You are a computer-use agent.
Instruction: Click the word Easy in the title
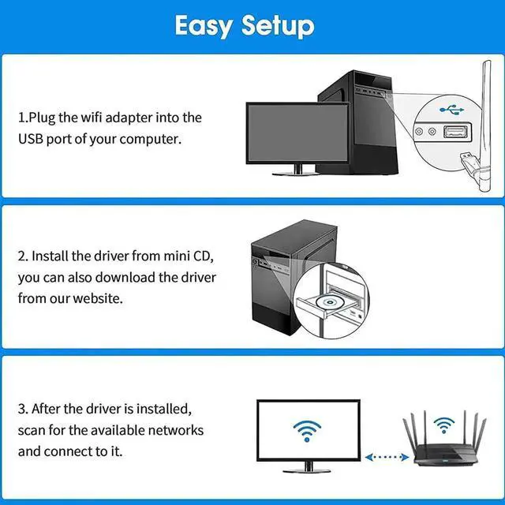click(204, 26)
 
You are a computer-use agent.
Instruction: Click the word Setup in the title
click(278, 26)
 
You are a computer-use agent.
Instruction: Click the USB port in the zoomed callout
click(455, 133)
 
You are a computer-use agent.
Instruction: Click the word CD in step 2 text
click(202, 256)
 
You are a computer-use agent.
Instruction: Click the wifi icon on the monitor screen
click(307, 429)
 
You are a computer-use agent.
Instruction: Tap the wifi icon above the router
click(443, 427)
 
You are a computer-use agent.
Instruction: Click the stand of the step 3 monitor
click(307, 468)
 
